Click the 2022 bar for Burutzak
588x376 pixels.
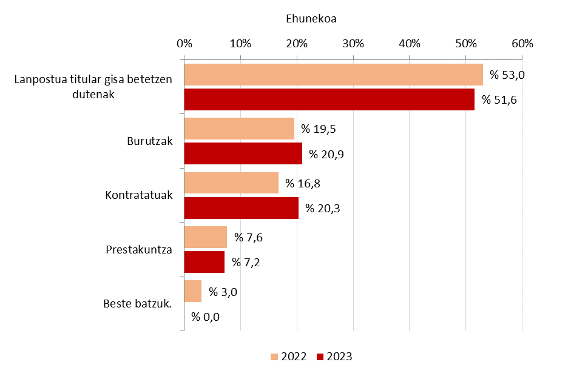pyautogui.click(x=239, y=129)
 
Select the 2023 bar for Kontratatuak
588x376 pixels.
pyautogui.click(x=241, y=208)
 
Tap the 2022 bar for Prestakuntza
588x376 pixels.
pyautogui.click(x=205, y=237)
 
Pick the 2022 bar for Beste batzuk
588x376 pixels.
pyautogui.click(x=192, y=291)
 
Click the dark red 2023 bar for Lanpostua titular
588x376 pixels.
pyautogui.click(x=329, y=99)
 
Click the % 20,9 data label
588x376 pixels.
pyautogui.click(x=326, y=154)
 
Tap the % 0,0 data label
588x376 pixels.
pyautogui.click(x=205, y=317)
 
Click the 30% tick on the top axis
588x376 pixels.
pyautogui.click(x=353, y=44)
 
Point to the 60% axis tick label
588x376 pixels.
pyautogui.click(x=522, y=44)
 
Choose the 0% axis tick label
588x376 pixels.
pyautogui.click(x=184, y=44)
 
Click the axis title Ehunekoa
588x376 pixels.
pyautogui.click(x=311, y=19)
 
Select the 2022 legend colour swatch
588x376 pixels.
pyautogui.click(x=274, y=357)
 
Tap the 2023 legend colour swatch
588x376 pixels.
pyautogui.click(x=320, y=357)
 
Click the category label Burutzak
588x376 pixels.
pyautogui.click(x=150, y=141)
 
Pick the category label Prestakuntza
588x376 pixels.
pyautogui.click(x=140, y=249)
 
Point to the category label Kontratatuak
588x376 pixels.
pyautogui.click(x=139, y=195)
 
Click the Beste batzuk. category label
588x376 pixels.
pyautogui.click(x=138, y=303)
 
